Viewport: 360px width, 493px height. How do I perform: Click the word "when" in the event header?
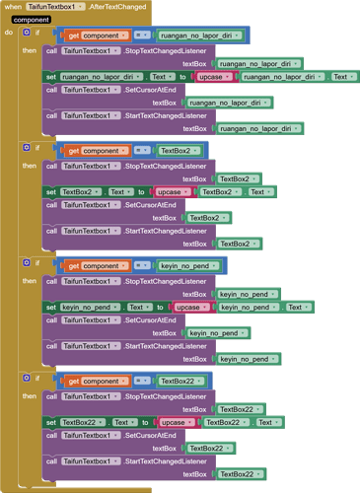(x=13, y=6)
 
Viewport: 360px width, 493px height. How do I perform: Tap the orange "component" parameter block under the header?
(x=32, y=19)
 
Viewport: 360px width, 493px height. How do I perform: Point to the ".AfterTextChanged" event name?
(x=117, y=6)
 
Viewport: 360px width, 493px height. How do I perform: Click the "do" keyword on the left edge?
(x=9, y=33)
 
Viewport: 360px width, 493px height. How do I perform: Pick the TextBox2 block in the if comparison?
(x=178, y=151)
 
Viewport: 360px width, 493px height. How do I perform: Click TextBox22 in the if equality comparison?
(x=180, y=381)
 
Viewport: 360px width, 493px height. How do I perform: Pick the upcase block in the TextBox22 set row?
(x=177, y=422)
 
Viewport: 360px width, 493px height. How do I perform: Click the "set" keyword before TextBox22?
(x=51, y=422)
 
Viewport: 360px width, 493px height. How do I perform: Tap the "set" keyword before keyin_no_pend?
(x=51, y=307)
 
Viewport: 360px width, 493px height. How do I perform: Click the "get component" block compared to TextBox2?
(x=94, y=151)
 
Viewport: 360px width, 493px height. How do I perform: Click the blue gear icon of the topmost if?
(x=27, y=33)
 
